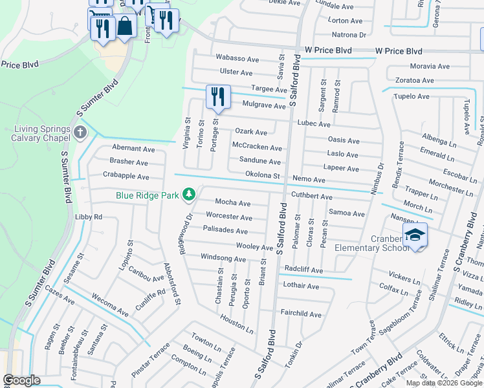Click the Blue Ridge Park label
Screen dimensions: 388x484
[x=148, y=195]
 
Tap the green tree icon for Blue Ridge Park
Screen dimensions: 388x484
[x=189, y=194]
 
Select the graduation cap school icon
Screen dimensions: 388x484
[x=415, y=236]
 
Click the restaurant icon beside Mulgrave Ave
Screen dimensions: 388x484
[x=218, y=97]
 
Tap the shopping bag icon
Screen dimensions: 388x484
[x=126, y=27]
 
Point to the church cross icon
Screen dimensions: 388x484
[x=80, y=133]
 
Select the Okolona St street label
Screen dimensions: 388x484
[x=262, y=175]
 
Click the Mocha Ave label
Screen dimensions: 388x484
[x=232, y=203]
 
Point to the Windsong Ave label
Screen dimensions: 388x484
[x=223, y=259]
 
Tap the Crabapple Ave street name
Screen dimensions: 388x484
[x=126, y=176]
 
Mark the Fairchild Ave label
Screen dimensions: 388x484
[x=300, y=314]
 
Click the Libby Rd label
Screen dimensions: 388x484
[x=89, y=217]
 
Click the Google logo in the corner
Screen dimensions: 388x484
[x=21, y=380]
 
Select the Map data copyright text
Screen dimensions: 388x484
[x=444, y=383]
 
